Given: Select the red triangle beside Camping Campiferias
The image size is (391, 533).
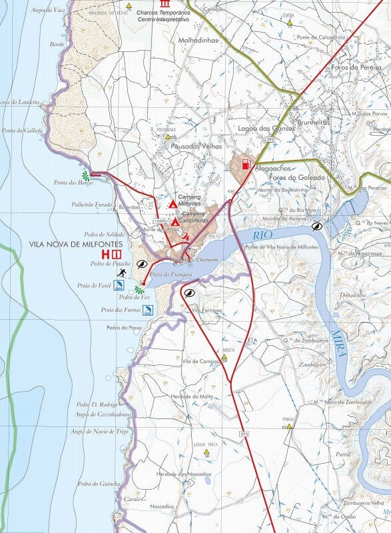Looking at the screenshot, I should pyautogui.click(x=175, y=221).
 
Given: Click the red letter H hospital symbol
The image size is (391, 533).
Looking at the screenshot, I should pyautogui.click(x=105, y=255).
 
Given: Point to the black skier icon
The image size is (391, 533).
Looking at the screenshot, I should pyautogui.click(x=121, y=273).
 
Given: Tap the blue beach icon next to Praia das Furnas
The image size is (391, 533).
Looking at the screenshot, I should pyautogui.click(x=147, y=309).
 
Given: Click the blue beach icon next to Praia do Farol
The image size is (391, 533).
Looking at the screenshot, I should pyautogui.click(x=119, y=285).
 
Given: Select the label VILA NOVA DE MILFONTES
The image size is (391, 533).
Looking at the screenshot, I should pyautogui.click(x=65, y=245).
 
